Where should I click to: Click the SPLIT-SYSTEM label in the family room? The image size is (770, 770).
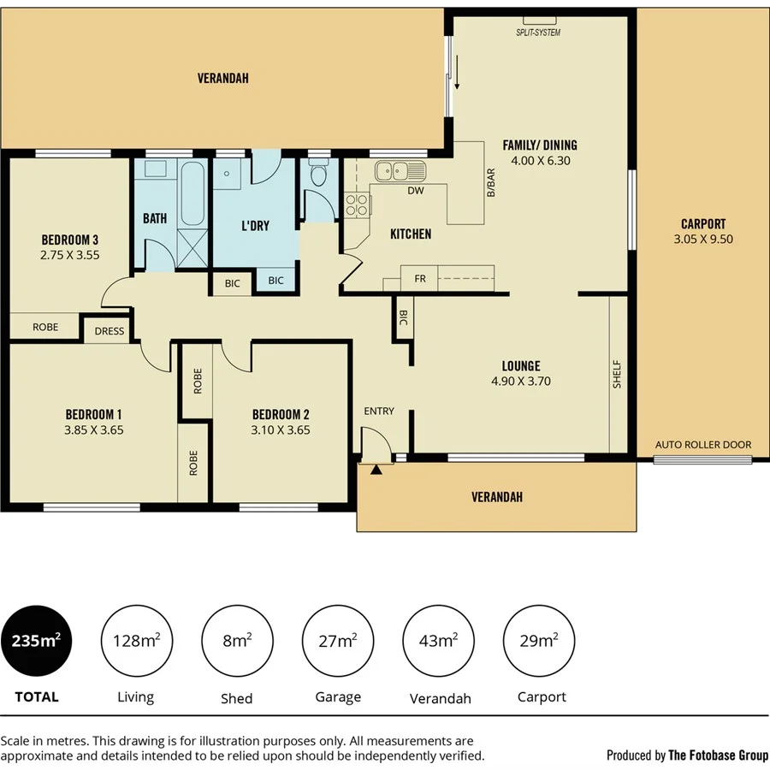[x=538, y=33]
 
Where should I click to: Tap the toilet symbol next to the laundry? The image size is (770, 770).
[x=318, y=175]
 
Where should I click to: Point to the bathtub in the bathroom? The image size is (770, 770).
[x=192, y=192]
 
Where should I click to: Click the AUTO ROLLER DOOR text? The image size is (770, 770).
[x=702, y=445]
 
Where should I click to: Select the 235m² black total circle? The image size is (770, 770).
[x=36, y=641]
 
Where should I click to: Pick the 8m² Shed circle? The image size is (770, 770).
[x=237, y=641]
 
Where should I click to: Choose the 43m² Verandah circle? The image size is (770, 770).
[x=439, y=641]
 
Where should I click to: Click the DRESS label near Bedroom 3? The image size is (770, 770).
[x=110, y=331]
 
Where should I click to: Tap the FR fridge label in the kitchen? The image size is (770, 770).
[x=420, y=279]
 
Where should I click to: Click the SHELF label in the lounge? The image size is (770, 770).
[x=617, y=375]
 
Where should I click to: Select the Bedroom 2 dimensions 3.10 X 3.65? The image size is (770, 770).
[x=281, y=430]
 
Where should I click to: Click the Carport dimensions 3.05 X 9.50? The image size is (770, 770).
[x=703, y=240]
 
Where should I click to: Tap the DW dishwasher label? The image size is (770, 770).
[x=416, y=191]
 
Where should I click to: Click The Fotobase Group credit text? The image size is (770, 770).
[x=717, y=755]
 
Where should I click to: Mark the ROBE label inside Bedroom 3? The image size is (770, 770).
[x=45, y=327]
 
